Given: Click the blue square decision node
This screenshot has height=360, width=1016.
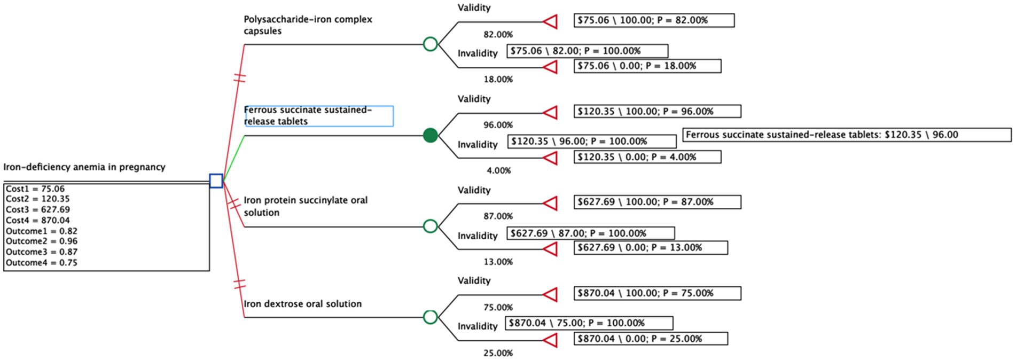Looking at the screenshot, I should point(216,181).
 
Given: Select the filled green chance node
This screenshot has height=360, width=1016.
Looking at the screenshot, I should point(430,136).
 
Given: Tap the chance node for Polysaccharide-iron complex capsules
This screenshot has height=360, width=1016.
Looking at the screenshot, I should point(430,44).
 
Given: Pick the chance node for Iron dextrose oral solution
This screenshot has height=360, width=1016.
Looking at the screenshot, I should point(430,317).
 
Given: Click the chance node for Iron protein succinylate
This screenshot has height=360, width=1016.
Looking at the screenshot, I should point(430,226).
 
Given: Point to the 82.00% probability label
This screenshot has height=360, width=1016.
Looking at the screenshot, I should point(498,35).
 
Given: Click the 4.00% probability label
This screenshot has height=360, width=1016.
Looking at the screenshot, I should point(498,171).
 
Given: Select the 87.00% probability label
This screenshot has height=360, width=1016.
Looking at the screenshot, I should point(498,216).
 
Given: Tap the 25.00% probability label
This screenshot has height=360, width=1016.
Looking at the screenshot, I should point(498,353).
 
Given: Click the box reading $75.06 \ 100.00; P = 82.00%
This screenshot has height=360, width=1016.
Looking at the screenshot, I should point(654,20).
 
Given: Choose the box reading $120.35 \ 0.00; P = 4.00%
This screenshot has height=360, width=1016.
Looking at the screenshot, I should point(647,157).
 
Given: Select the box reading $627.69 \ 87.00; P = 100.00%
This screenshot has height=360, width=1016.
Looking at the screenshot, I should point(590,233).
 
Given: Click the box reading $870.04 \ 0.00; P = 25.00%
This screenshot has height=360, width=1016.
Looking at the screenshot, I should point(651,339).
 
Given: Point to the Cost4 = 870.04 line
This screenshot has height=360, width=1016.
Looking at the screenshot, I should point(38,220).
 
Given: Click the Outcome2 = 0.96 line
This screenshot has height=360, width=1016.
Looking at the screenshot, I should point(42,241).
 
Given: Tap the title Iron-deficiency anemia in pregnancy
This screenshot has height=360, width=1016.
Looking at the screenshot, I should point(84,167).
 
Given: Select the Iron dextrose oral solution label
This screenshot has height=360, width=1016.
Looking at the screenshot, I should point(303,304).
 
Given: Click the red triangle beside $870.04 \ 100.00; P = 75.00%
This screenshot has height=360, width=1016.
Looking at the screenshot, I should point(550,294).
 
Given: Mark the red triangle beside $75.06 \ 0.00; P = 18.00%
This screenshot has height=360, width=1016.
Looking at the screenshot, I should point(550,67).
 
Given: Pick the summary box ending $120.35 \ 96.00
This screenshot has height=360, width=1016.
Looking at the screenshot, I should point(847,135).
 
